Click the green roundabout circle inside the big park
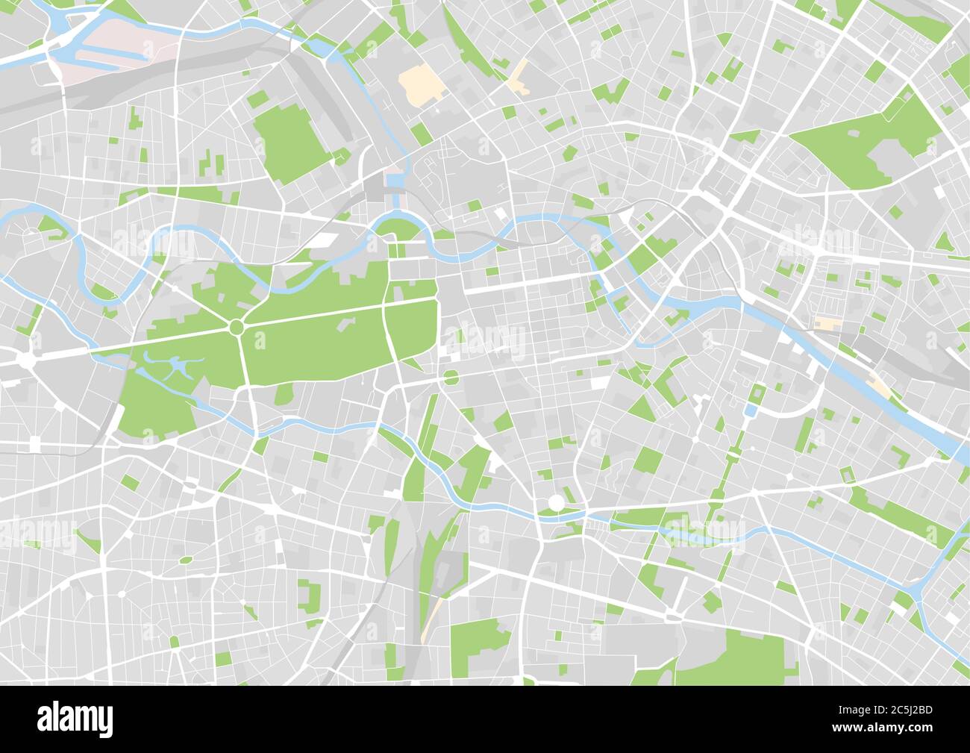pos(237,327)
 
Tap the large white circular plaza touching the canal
pos(556,502)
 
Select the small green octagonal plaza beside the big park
pos(451,377)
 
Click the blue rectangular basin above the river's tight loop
pos(393,181)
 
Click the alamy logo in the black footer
pos(75,717)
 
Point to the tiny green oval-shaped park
pos(184,559)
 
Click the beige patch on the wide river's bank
pos(883,385)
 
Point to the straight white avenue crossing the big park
pos(313,314)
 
